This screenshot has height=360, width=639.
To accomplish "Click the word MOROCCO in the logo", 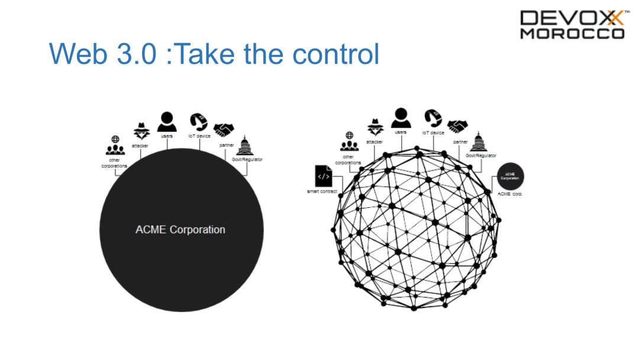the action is coord(572,34).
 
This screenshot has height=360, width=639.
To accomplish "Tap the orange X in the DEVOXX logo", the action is coord(612,18).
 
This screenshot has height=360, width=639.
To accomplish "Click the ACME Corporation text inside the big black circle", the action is coord(180,230).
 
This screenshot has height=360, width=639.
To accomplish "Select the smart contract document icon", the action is coord(323,176).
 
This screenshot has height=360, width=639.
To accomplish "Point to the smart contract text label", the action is coord(322,191).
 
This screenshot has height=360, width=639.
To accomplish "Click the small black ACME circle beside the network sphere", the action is coord(510,176).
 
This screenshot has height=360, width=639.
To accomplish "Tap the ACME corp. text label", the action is coord(510,194).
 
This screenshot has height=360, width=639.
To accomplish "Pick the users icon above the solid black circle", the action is coord(167,122).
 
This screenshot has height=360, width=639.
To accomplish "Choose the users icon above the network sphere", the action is coord(401,117).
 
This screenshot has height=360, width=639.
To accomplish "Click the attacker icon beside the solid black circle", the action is coord(140,131).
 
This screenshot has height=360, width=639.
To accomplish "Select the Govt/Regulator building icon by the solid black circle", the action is coord(244,146).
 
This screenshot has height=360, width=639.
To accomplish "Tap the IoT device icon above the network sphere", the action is coord(433,118).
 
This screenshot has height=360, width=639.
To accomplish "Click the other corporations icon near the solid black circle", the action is coord(115,144).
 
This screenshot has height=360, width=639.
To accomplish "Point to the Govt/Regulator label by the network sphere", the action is coord(480,155).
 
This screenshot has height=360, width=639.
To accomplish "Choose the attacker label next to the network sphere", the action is coord(374,142).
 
